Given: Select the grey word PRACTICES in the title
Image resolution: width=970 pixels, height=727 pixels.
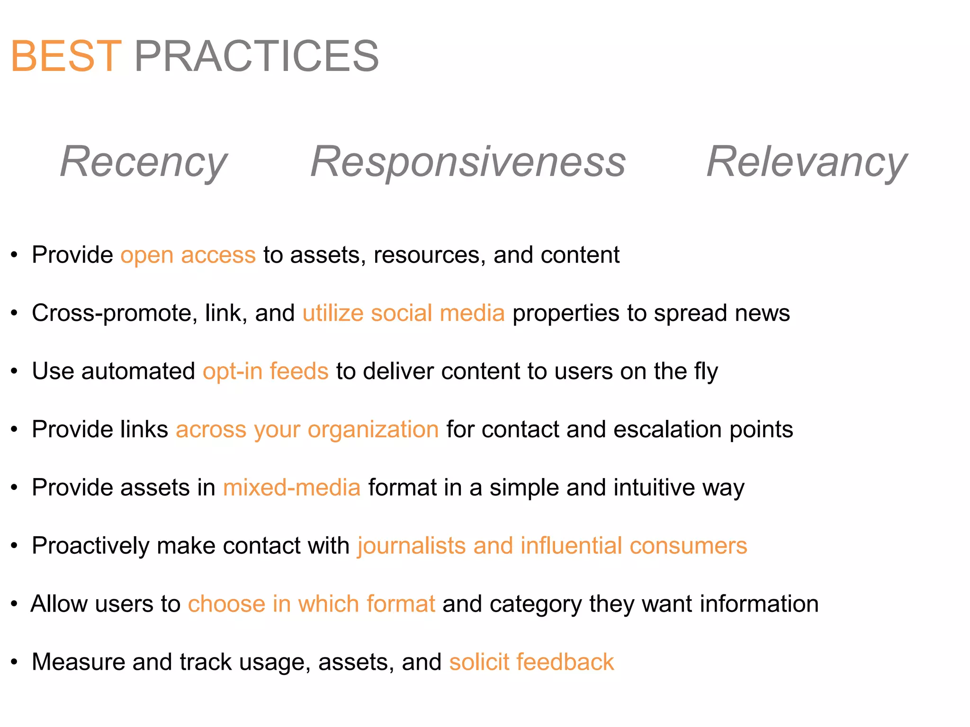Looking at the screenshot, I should tap(256, 56).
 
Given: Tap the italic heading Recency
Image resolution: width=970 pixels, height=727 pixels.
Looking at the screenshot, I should tap(144, 162).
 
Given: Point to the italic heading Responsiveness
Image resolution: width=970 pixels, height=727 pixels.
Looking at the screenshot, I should tap(468, 162).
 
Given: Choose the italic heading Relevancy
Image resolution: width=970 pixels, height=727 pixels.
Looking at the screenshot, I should tap(806, 162).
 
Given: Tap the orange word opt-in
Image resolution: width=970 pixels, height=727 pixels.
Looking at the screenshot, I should tap(232, 371).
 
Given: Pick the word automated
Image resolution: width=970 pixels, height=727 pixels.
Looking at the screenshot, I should tap(138, 371).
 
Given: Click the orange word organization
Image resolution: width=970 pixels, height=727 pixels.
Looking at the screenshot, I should tap(373, 430).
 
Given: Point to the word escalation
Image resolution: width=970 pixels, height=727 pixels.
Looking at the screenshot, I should tap(667, 429).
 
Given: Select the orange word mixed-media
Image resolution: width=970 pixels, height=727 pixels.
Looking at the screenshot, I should tap(292, 488).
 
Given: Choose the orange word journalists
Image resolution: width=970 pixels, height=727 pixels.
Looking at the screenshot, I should tap(412, 546).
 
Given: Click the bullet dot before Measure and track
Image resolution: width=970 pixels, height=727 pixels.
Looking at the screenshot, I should tap(15, 662).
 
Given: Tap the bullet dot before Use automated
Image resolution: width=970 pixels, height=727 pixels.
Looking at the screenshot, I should tap(15, 372).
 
